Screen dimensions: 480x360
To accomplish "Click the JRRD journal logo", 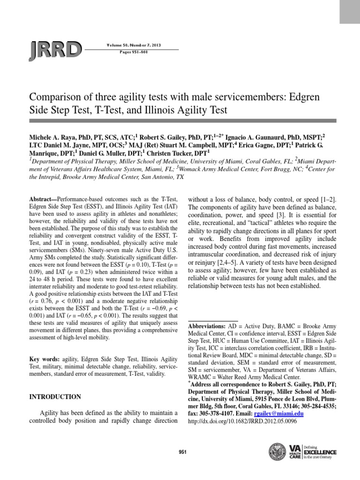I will pyautogui.click(x=56, y=49).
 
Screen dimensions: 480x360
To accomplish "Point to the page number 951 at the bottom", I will pyautogui.click(x=183, y=452).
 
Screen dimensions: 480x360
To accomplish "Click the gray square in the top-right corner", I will pyautogui.click(x=349, y=12).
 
